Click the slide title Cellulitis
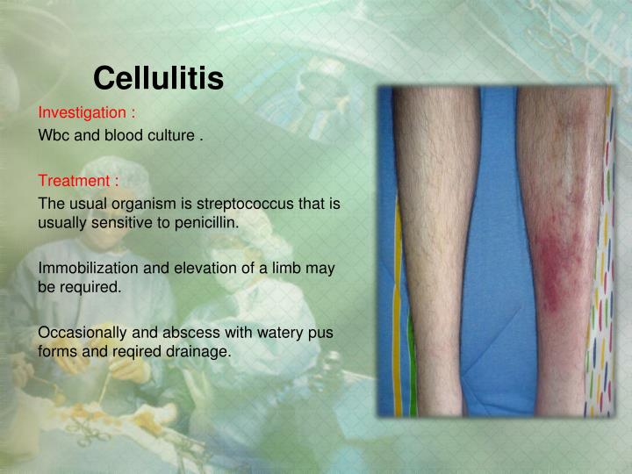(x=158, y=79)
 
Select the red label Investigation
(x=87, y=113)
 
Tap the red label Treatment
(x=78, y=182)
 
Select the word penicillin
(x=208, y=222)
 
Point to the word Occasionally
(x=83, y=333)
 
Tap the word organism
(x=137, y=204)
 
